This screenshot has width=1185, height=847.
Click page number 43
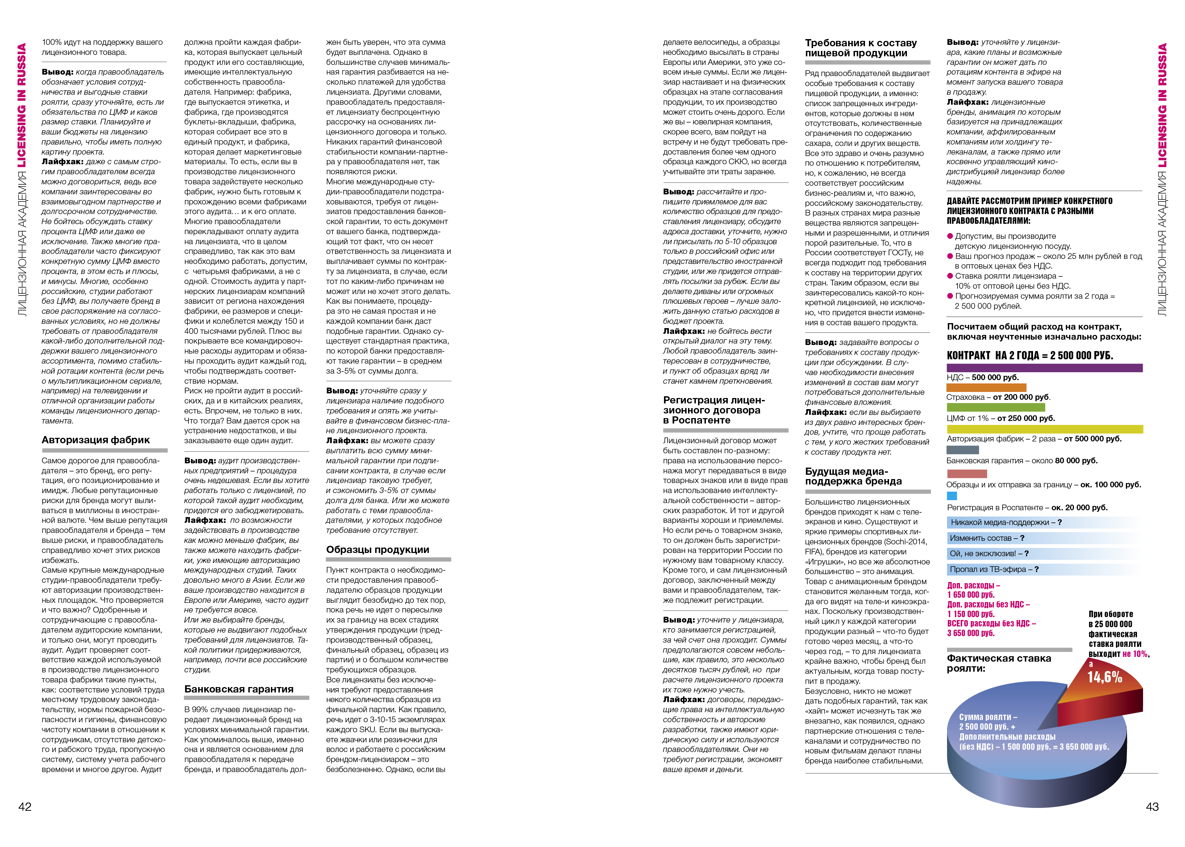point(1152,806)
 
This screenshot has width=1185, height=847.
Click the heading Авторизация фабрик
point(96,440)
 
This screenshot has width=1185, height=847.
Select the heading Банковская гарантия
point(239,689)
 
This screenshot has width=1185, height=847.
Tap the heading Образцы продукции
point(378,549)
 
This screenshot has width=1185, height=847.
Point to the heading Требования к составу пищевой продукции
point(860,48)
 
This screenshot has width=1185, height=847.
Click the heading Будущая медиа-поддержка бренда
point(853,476)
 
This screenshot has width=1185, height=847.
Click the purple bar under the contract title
point(1044,368)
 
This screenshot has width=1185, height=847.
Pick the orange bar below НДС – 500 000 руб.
point(986,388)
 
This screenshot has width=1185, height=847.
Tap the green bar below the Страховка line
point(995,407)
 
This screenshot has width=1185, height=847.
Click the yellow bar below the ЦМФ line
point(1044,429)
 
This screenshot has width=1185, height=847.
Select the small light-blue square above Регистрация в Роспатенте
point(951,496)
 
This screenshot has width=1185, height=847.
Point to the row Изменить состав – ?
point(986,538)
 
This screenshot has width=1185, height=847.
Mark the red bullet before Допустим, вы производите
point(950,236)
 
